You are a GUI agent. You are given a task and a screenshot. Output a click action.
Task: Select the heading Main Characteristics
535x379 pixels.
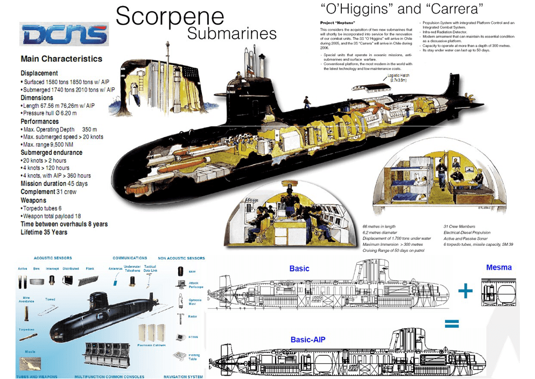tap(61, 59)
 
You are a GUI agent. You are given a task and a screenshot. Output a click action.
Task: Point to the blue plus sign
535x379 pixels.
tap(466, 292)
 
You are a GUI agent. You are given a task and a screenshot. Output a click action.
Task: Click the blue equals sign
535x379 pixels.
tap(451, 324)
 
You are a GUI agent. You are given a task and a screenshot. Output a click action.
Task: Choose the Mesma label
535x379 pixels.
tap(499, 267)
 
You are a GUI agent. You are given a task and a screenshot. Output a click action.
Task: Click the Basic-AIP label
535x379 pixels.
tap(307, 340)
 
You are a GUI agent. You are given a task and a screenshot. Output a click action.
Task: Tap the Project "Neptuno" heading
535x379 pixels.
tap(337, 23)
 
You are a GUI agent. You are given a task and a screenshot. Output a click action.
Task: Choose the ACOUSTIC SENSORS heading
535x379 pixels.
tap(52, 258)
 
